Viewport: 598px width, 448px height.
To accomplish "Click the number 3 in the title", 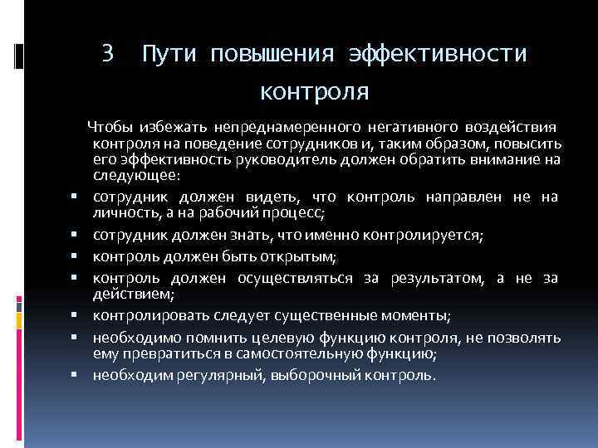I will [106, 54].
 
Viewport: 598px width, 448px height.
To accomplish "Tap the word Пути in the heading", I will [169, 55].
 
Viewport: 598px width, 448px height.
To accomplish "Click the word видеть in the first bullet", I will [276, 197].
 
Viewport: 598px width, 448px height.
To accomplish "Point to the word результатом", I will [433, 277].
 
